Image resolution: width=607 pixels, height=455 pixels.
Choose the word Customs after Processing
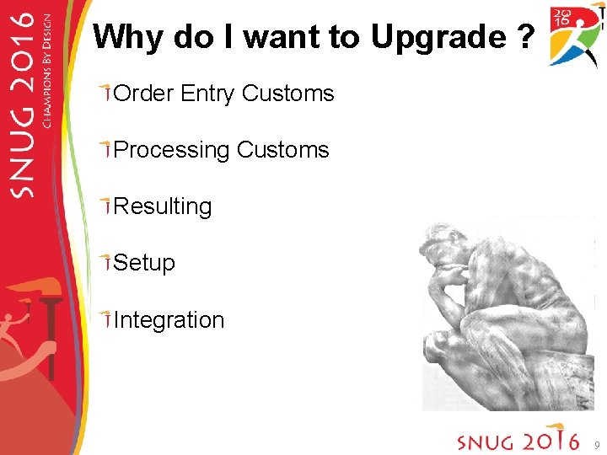[283, 150]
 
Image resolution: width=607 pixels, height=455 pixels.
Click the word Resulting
[163, 206]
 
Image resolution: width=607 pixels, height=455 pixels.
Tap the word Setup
[144, 263]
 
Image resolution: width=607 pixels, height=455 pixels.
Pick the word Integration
[169, 320]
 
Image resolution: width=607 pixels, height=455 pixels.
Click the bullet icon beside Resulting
[105, 206]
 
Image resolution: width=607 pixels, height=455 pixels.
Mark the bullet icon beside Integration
[105, 319]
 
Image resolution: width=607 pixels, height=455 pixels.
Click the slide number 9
[596, 444]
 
